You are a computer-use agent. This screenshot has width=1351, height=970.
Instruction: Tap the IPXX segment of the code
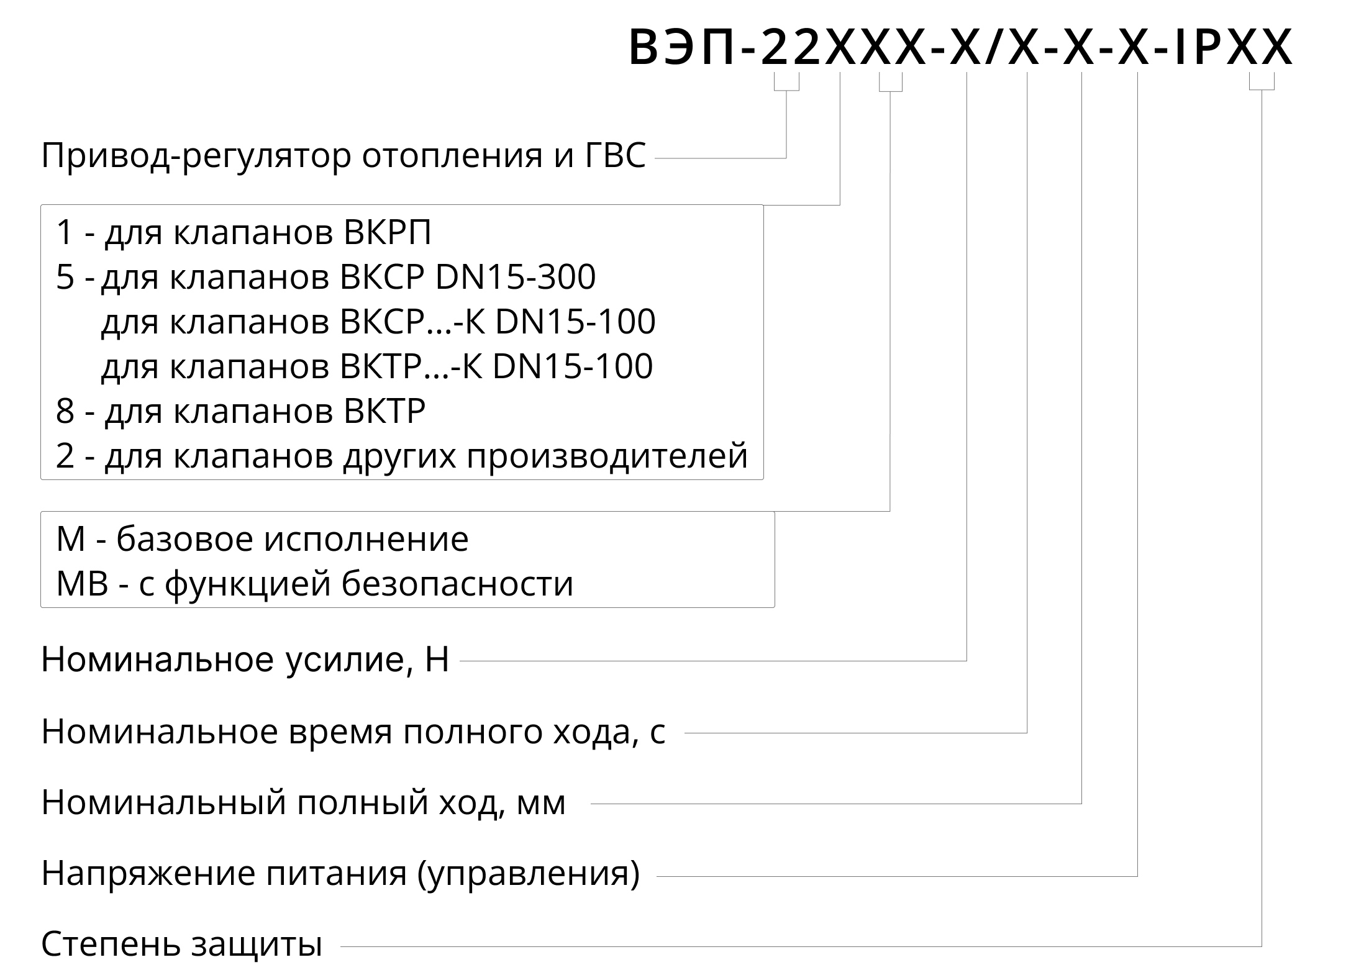(x=1232, y=47)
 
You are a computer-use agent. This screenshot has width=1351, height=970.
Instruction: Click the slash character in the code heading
(x=994, y=47)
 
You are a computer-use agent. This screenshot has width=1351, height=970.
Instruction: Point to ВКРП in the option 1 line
(x=386, y=233)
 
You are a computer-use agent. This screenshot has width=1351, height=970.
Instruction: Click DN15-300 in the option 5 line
(x=516, y=277)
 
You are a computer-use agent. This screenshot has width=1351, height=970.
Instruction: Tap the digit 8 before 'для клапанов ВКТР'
(x=65, y=411)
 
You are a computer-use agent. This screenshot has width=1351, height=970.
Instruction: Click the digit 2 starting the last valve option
(x=65, y=456)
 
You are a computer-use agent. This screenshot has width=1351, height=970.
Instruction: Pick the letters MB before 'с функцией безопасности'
(x=82, y=584)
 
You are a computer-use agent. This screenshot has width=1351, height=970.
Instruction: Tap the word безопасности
(x=458, y=584)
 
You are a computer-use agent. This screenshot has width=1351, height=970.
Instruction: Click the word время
(x=341, y=733)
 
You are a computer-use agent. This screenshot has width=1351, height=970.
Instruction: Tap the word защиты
(x=257, y=945)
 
